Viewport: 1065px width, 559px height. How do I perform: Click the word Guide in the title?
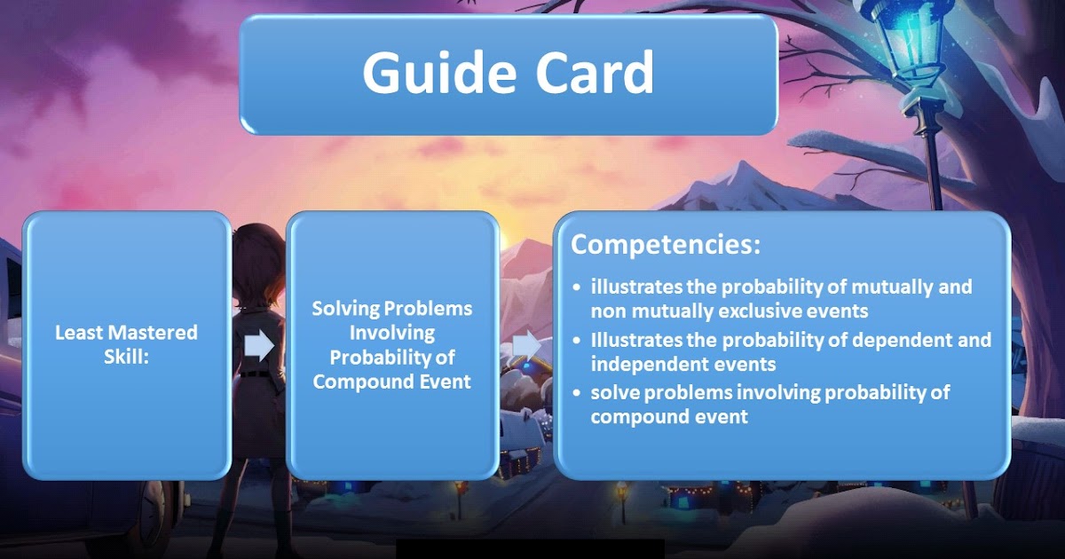(x=432, y=72)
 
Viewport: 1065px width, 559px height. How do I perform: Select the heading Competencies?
(x=666, y=245)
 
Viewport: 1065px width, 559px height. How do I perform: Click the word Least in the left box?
(x=77, y=333)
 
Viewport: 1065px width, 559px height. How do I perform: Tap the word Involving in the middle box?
(x=391, y=333)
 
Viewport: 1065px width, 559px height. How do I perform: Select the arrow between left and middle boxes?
(x=259, y=345)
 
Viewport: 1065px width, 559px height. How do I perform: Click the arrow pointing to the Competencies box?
(x=526, y=344)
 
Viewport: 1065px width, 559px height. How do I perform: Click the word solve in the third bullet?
(x=613, y=392)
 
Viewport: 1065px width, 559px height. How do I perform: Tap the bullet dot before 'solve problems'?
(x=578, y=392)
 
